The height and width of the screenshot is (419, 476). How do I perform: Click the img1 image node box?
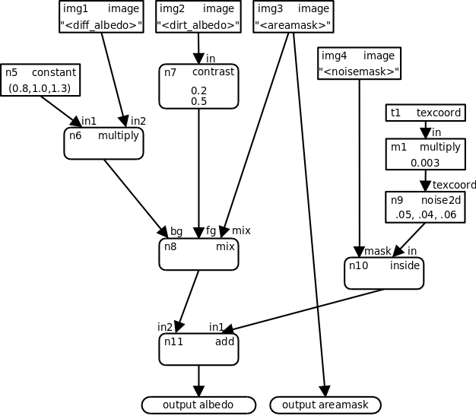coord(101,17)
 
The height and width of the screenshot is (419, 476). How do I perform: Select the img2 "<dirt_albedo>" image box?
coord(198,17)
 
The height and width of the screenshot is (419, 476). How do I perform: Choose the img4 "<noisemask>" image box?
coord(360,64)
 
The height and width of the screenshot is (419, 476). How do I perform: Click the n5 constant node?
coord(40,80)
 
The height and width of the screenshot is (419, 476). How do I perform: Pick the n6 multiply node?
coord(103,143)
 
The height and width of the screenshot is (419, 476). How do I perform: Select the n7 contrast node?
coord(198,86)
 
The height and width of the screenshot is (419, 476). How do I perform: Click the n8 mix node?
coord(198,254)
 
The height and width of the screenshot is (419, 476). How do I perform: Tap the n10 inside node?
coord(383,273)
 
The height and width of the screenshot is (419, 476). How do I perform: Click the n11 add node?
coord(198,349)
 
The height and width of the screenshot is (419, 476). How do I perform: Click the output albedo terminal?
coord(198,405)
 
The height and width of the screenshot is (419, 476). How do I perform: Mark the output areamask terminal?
coord(325,405)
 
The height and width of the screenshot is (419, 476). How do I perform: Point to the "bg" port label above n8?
coord(176,231)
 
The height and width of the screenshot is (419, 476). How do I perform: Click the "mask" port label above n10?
coord(377,251)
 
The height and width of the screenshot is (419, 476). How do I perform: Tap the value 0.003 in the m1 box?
coord(425,162)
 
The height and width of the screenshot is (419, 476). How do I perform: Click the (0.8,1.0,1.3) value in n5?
coord(40,88)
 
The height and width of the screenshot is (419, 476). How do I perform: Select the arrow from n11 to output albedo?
coord(198,380)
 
